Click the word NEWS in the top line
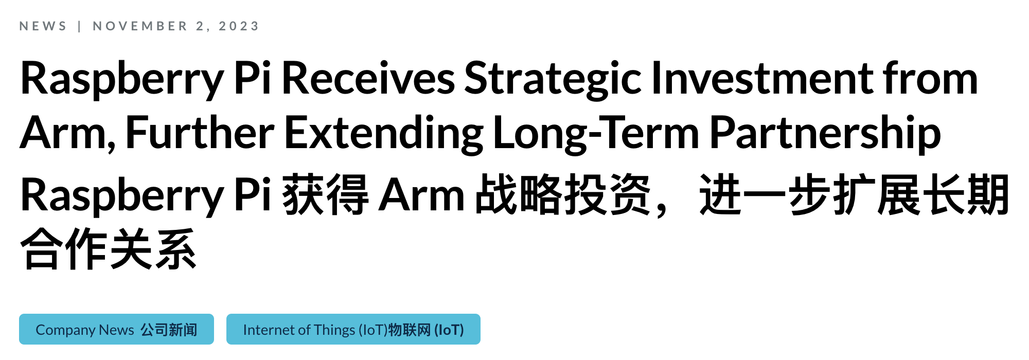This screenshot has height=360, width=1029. pos(43,26)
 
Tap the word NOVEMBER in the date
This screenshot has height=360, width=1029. pos(140,26)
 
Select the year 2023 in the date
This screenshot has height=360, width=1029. pos(239,26)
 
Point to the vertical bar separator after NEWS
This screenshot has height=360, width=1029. pos(79,26)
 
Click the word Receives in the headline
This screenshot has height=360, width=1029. pos(368,78)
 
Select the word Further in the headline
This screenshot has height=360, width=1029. pos(200,133)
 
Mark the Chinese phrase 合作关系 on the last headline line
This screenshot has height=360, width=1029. pos(109,249)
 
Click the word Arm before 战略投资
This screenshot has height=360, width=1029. pos(421,195)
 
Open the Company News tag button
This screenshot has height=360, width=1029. pos(116,329)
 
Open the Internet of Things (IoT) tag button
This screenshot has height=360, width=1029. pos(353,329)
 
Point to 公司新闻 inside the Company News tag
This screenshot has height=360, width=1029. pos(169,330)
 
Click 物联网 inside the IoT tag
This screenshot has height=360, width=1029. pos(410,330)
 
